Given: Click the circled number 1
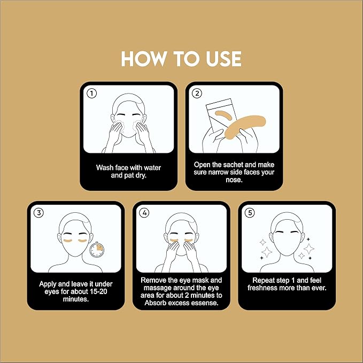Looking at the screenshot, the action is click(x=91, y=94).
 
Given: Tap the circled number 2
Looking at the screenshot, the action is click(x=197, y=94).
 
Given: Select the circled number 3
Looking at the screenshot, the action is click(x=39, y=213).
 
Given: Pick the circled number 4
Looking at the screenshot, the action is click(x=144, y=213).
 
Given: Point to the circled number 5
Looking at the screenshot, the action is click(x=250, y=213).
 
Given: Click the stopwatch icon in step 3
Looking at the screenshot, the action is click(x=97, y=249).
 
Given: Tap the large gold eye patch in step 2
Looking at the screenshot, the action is click(x=245, y=127).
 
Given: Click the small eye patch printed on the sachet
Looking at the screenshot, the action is click(x=223, y=115).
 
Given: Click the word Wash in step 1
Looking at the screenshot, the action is click(x=104, y=168).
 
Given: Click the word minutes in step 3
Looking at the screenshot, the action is click(x=76, y=299).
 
